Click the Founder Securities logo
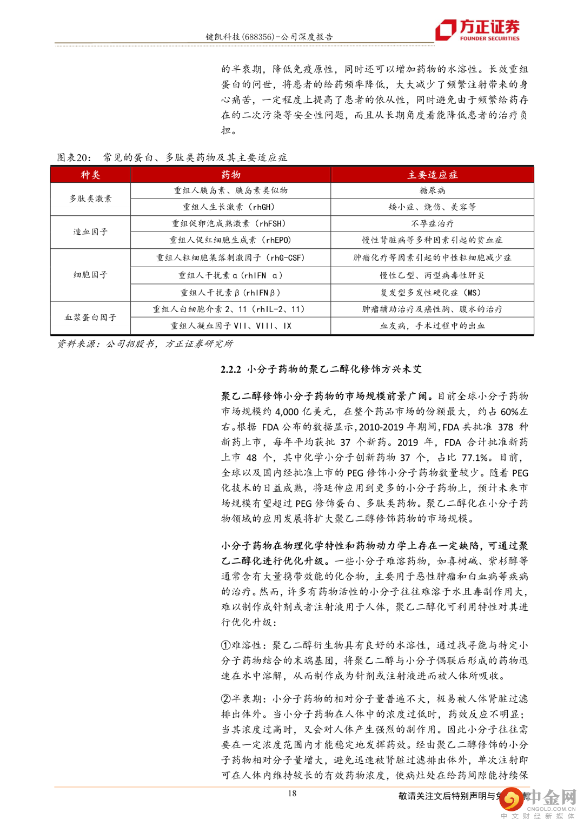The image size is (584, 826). point(478,30)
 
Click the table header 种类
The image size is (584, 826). point(90,175)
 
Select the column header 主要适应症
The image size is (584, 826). point(432,175)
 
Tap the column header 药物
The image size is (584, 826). point(231,175)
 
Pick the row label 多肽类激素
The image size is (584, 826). point(90,199)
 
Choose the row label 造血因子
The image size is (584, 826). point(90,232)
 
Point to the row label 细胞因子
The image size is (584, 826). point(90,275)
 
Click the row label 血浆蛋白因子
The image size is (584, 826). point(90,318)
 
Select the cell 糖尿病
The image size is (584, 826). point(432,190)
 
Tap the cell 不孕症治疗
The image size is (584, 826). point(432,223)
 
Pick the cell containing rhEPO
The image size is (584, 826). point(230,240)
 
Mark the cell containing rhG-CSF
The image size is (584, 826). point(230,257)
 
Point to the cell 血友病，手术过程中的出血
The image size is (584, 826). point(432,326)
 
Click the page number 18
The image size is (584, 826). point(292,794)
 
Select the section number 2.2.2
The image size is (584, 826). point(231,369)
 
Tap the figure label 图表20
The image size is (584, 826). point(74,157)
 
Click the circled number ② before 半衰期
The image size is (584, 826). point(226,699)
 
